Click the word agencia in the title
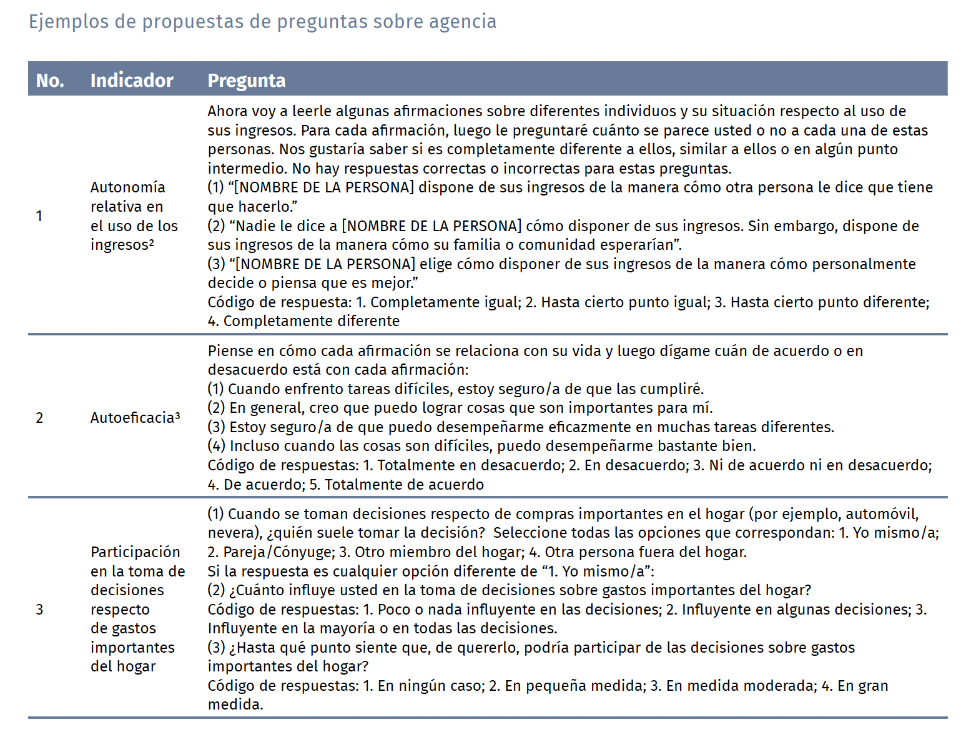tap(463, 22)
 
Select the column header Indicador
tap(132, 81)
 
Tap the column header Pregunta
tap(247, 81)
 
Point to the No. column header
tap(50, 81)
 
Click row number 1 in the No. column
tap(39, 216)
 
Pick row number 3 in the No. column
tap(39, 610)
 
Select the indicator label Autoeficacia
tap(132, 418)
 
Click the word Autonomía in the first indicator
tap(128, 187)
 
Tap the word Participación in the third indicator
tap(136, 552)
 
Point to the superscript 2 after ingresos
tap(151, 241)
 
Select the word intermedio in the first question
tap(247, 169)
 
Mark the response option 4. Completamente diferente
tap(304, 321)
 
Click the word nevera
tap(229, 533)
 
